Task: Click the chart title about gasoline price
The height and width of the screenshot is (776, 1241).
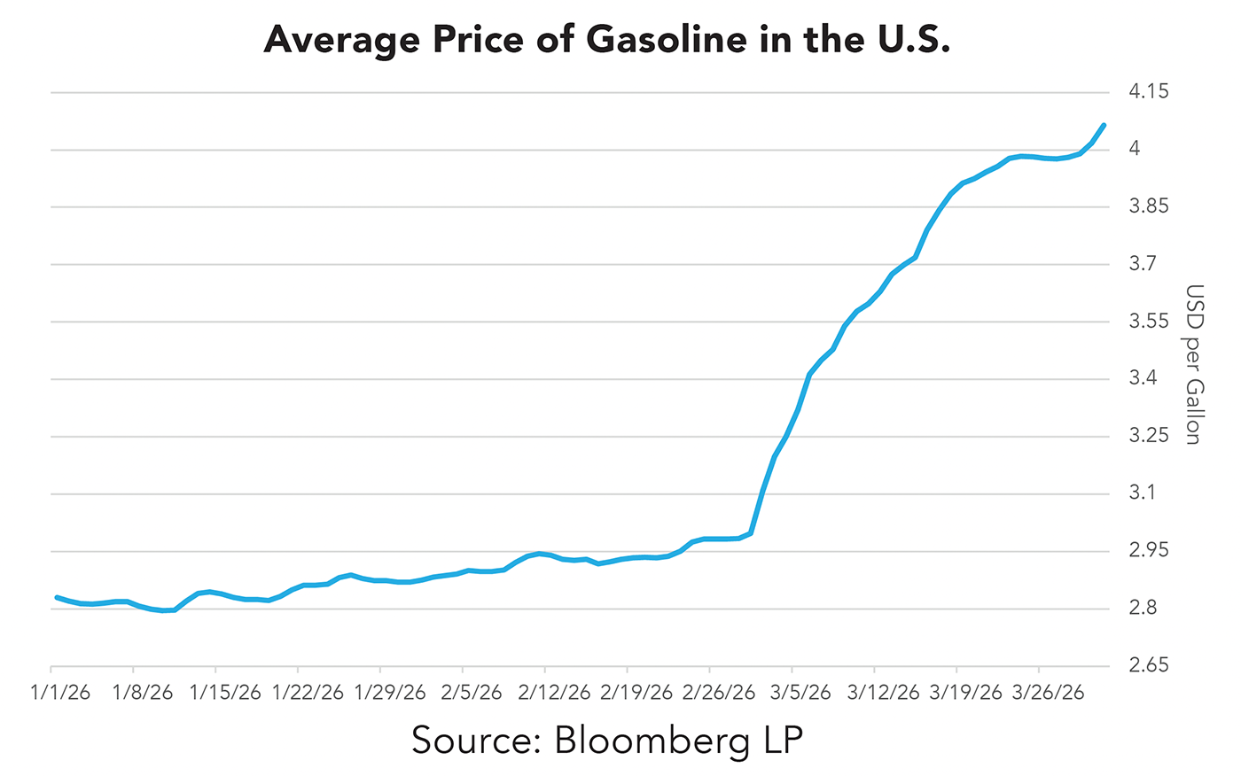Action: [606, 40]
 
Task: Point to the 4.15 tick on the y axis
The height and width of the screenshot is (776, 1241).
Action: [1149, 91]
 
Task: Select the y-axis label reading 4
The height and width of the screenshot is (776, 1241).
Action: [1134, 149]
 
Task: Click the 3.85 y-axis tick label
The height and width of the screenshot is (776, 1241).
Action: [1149, 206]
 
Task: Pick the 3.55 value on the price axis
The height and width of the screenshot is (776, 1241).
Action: [1149, 321]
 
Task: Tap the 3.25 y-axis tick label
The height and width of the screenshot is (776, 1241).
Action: [1149, 436]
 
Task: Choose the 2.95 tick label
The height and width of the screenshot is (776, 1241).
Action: [1149, 550]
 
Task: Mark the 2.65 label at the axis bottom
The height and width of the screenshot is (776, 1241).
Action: [1149, 665]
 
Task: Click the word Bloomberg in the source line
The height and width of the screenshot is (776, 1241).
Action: [652, 741]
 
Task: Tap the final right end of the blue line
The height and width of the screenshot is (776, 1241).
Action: [1104, 125]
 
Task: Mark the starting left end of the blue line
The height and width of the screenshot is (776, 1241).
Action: [57, 597]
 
